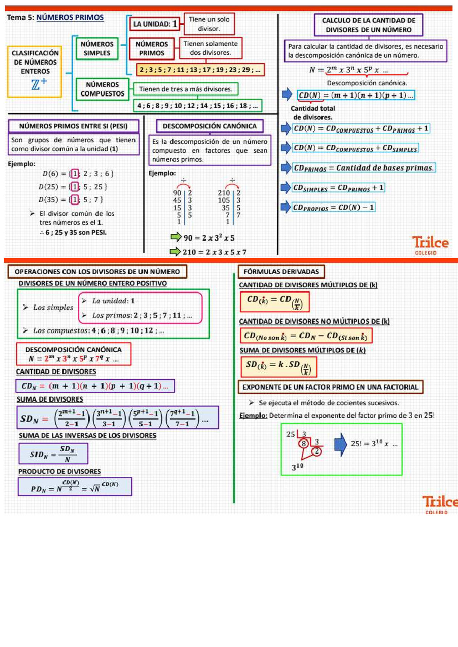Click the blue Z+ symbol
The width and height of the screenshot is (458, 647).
click(39, 84)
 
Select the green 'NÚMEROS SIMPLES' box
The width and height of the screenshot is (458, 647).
click(97, 49)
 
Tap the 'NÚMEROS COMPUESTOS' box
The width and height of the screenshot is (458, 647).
click(102, 89)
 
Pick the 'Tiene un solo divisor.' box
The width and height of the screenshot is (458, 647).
click(209, 24)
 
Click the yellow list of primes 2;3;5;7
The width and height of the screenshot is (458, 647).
click(200, 70)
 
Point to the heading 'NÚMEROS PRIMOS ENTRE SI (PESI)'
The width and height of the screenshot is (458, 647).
click(73, 126)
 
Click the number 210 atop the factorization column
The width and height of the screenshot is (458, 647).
click(224, 193)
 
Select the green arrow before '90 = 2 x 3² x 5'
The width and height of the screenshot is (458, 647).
click(176, 237)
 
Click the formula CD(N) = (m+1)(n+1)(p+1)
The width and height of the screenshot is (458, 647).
click(356, 95)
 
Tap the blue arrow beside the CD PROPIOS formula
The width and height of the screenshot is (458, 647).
click(286, 207)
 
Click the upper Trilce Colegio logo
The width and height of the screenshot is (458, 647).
click(430, 245)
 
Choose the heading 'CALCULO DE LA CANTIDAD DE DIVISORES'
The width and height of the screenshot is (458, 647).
click(368, 25)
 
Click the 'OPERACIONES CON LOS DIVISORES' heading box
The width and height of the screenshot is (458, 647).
click(97, 272)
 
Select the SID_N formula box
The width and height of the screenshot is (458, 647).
click(53, 454)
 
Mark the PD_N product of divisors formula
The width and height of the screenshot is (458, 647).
click(75, 487)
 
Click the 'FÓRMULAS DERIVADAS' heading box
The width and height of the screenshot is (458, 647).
click(281, 272)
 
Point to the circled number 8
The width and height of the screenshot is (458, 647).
click(303, 444)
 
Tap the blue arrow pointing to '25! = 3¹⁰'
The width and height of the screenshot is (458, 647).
click(340, 444)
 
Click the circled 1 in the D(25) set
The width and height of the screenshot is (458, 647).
click(75, 187)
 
